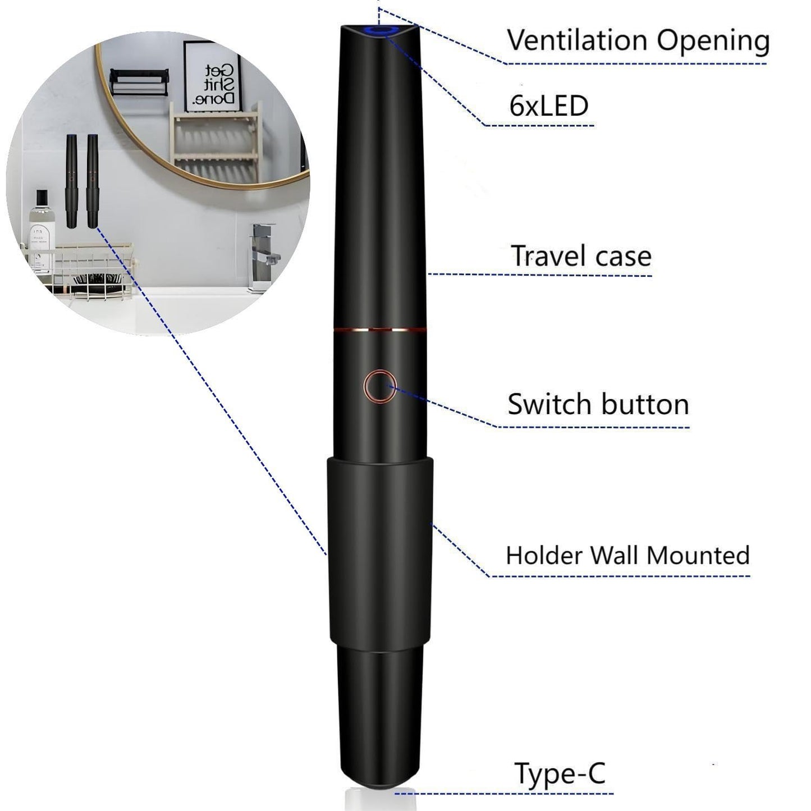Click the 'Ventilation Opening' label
[x=638, y=40]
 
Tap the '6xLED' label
[x=548, y=106]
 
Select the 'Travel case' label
[x=581, y=256]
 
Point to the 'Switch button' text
[x=598, y=404]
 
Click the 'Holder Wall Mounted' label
[x=627, y=555]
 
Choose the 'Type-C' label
[x=560, y=773]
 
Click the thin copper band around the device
[x=379, y=329]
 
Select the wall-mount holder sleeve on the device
[x=380, y=550]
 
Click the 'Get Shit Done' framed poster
[x=212, y=75]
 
